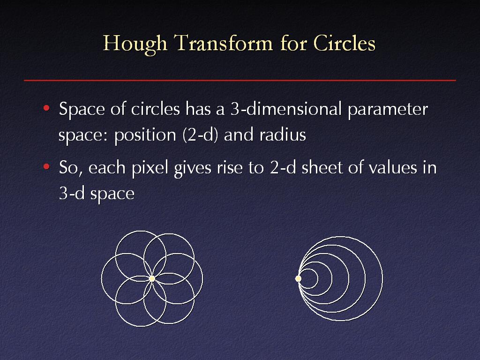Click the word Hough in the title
135,44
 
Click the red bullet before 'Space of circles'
46,108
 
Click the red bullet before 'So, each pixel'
46,166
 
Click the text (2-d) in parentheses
200,135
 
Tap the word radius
283,135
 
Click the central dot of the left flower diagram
152,278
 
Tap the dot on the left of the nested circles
298,278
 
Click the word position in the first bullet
145,135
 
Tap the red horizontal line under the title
240,80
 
